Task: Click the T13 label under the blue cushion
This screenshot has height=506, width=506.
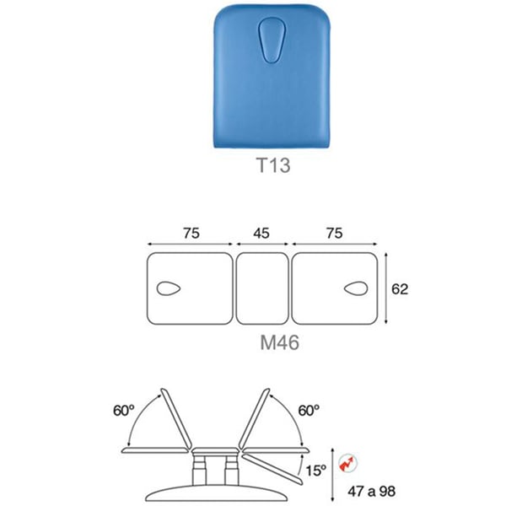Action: click(273, 165)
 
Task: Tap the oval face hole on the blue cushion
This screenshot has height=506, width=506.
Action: click(272, 40)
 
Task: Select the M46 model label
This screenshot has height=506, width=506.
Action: click(279, 342)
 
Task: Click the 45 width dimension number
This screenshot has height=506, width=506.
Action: click(261, 233)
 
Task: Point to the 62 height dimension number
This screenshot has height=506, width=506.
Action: click(400, 289)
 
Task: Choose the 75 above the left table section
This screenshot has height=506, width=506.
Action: click(191, 233)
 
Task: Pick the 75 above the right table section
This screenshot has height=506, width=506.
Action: click(334, 233)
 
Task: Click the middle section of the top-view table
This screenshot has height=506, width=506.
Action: click(262, 288)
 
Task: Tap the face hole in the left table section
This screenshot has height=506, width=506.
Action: click(169, 288)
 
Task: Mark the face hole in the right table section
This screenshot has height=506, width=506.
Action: click(356, 288)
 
